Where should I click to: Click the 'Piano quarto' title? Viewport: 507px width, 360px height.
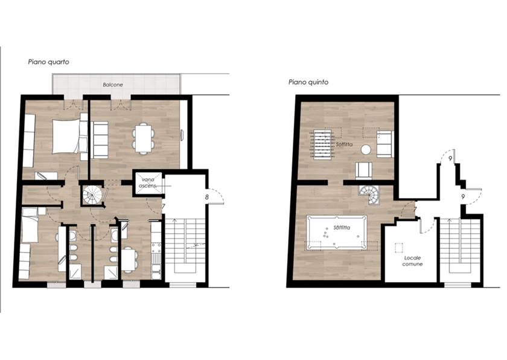pos(48,62)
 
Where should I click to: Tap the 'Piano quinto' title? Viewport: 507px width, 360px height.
pos(308,82)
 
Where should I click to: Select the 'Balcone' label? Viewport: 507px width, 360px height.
pos(113,85)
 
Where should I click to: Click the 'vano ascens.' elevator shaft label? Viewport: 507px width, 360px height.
pos(148,183)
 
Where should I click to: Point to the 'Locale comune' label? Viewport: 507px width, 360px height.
pos(412,261)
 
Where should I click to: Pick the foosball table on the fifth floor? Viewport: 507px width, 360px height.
pos(322,144)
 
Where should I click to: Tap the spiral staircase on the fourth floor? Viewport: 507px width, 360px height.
pos(92,195)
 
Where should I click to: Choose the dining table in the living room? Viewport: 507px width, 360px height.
pos(143,138)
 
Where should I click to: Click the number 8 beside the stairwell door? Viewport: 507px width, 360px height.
pos(206,197)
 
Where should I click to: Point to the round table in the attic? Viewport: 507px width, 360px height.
pos(366,149)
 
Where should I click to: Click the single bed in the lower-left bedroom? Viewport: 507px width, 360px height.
pos(30,225)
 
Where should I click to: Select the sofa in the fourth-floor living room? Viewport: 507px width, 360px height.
pos(100,140)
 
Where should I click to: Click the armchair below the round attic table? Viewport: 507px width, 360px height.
pos(364,170)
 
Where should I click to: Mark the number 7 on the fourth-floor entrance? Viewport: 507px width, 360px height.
pos(164,206)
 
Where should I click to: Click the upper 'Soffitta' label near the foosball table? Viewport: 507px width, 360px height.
pos(344,144)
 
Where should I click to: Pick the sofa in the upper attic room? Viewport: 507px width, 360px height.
pos(385,144)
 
